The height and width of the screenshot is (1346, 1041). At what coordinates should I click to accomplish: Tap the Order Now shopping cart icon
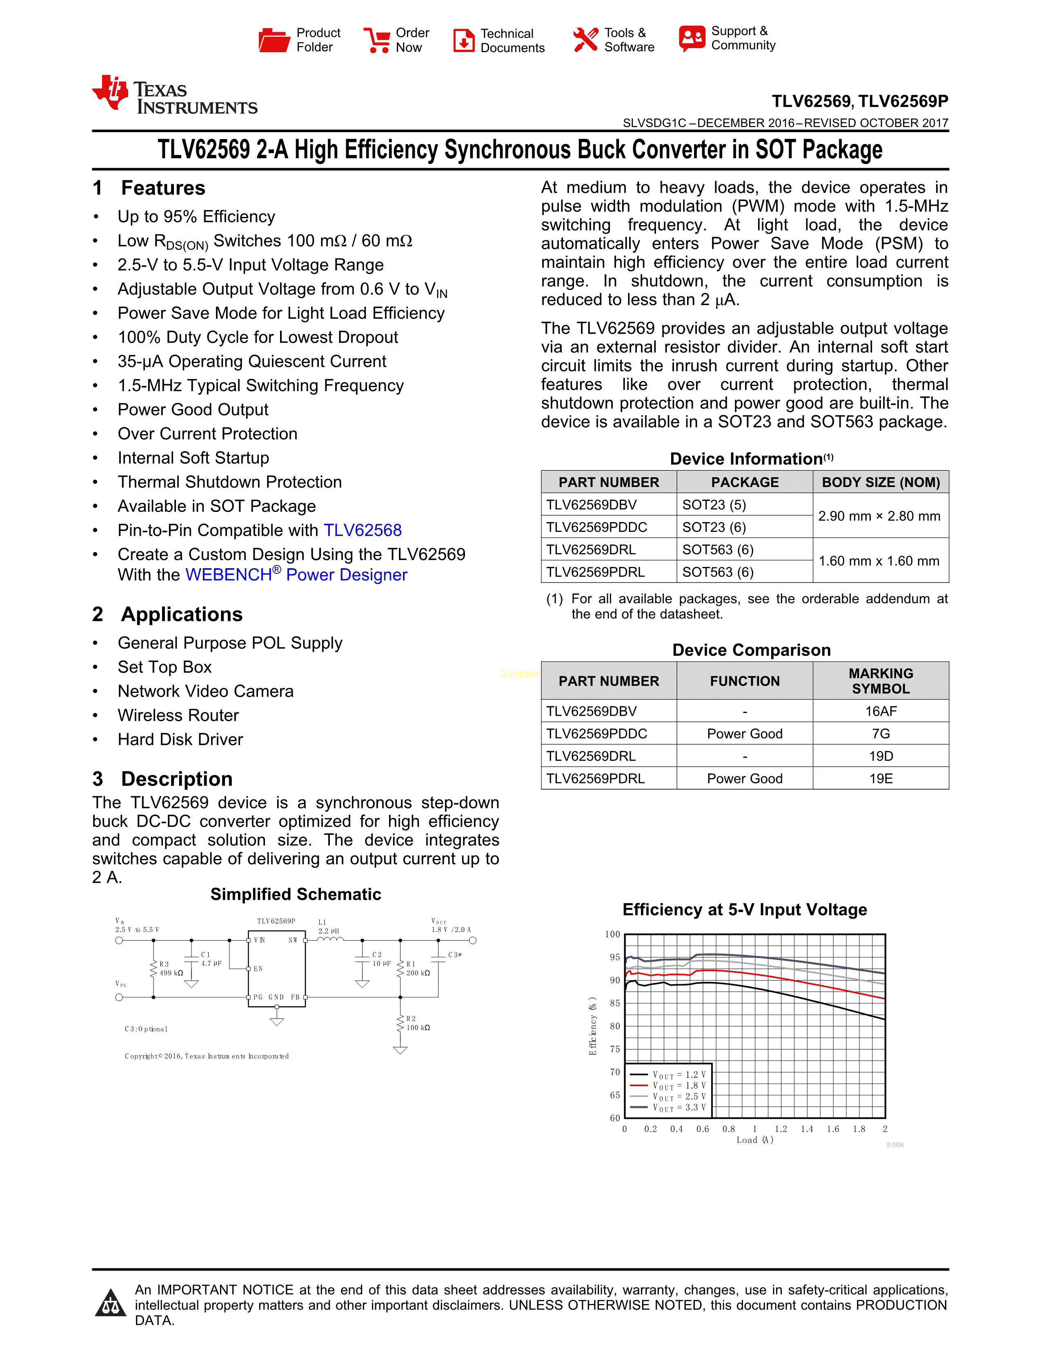(376, 40)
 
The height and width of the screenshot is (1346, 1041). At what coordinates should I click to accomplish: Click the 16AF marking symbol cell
(881, 711)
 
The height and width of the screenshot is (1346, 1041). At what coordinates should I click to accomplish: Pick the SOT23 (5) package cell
(714, 505)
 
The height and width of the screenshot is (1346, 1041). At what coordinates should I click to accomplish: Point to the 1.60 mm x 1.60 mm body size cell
(879, 561)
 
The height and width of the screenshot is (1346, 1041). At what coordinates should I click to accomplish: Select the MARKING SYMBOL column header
(881, 681)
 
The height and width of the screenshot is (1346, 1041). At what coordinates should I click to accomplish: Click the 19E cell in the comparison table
(881, 778)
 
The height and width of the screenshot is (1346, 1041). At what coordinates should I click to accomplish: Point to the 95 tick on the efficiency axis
(615, 957)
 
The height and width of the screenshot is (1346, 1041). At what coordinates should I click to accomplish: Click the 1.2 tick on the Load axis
(781, 1129)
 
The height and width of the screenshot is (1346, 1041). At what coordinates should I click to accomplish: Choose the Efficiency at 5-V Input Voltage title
(744, 910)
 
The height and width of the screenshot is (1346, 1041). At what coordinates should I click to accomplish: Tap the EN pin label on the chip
(258, 969)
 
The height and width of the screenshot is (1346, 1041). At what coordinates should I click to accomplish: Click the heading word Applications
(182, 614)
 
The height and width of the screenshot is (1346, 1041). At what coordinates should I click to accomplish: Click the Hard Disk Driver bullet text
(180, 739)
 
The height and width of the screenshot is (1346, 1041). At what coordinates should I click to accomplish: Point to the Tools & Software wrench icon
(585, 40)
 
